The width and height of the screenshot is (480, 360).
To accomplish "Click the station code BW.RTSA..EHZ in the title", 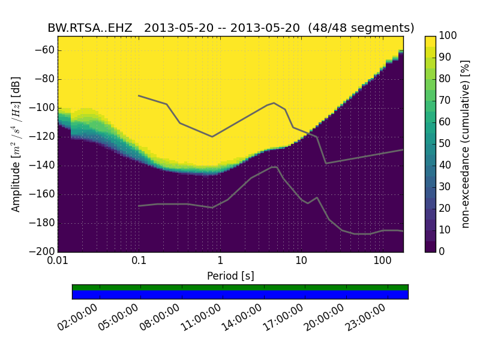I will coord(90,28).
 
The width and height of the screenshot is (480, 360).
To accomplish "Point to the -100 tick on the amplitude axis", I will coord(43,108).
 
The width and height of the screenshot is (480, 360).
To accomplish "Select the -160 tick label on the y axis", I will coord(43,194).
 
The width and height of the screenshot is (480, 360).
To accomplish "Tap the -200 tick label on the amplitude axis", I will coord(43,251).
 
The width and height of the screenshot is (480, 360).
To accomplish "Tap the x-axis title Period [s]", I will coord(230,276).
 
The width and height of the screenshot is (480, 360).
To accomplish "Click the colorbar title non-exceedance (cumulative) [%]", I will coord(466,144).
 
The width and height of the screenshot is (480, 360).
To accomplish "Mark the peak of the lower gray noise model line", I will coord(274,167).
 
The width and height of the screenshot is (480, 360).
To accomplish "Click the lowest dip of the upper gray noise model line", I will coord(326,163).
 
